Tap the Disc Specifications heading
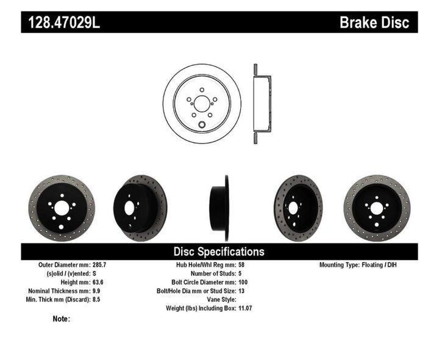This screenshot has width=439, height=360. [219, 251]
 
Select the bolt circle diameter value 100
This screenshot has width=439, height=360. [243, 283]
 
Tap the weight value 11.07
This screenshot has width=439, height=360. [245, 308]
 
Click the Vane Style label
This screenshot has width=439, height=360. [218, 300]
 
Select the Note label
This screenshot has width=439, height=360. [62, 319]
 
